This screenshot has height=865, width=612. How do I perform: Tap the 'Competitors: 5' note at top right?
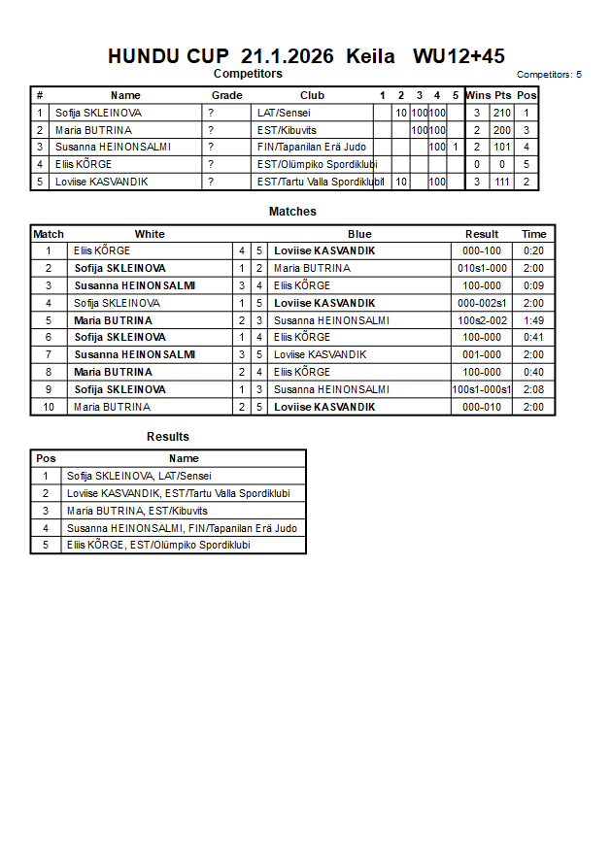click(x=549, y=75)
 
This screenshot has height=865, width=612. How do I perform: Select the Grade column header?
click(x=227, y=95)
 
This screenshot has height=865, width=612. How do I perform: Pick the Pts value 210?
click(x=501, y=113)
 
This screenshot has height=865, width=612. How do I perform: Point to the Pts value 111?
click(x=501, y=182)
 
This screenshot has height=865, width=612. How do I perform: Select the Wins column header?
click(x=478, y=95)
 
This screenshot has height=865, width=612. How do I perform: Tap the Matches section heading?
click(x=292, y=212)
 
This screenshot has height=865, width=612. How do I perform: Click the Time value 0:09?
click(x=533, y=285)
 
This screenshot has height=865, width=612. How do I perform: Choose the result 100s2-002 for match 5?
click(x=481, y=320)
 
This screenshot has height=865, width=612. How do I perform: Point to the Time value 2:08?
click(x=533, y=389)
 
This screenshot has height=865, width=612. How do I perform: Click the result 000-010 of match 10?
click(x=481, y=407)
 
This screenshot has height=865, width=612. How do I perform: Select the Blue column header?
click(x=359, y=234)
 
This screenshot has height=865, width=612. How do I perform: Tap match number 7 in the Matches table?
click(x=49, y=354)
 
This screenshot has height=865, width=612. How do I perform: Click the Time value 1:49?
click(x=533, y=320)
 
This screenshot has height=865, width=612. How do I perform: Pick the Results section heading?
click(x=168, y=437)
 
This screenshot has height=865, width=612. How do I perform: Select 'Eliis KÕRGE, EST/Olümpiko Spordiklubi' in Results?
click(x=158, y=545)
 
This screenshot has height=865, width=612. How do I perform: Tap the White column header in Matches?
click(x=150, y=234)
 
